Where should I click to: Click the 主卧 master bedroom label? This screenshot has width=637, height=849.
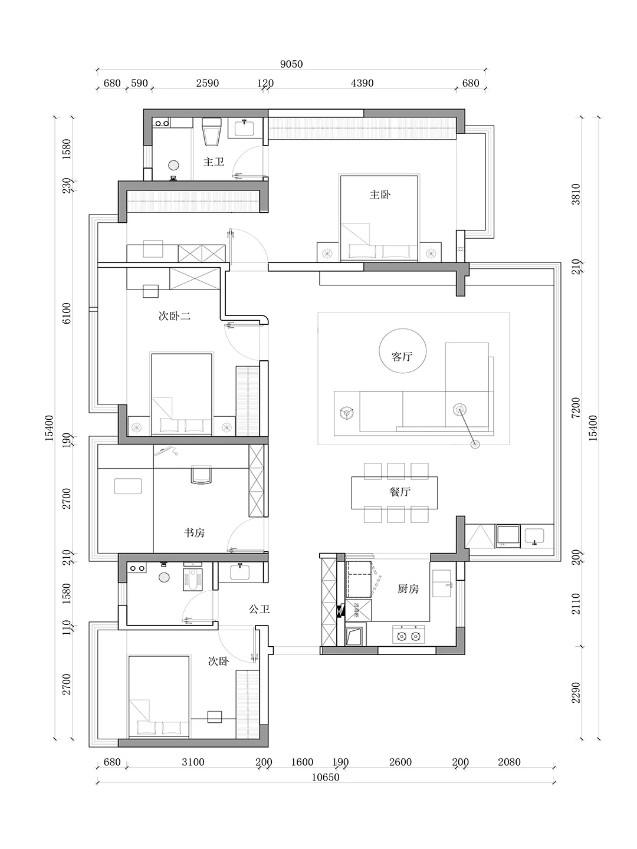click(380, 194)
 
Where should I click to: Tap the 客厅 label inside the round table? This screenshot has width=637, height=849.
click(402, 356)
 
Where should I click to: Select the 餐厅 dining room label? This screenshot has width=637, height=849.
click(400, 492)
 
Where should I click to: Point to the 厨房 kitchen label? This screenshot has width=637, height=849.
click(408, 588)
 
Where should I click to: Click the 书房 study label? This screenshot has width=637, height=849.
click(194, 532)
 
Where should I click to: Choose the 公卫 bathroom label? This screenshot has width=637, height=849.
click(259, 609)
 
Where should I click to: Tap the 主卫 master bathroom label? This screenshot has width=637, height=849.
click(214, 162)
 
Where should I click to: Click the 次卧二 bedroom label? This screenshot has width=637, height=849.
click(175, 316)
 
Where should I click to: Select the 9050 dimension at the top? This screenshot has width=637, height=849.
click(291, 64)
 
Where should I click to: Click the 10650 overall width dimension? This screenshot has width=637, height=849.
click(326, 777)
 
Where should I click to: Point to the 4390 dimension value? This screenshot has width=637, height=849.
click(362, 83)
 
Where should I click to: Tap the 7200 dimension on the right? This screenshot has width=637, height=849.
click(576, 407)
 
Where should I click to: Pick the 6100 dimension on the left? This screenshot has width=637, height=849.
click(67, 313)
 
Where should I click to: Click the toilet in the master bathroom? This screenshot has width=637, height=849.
click(212, 132)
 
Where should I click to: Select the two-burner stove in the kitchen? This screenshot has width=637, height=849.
click(408, 634)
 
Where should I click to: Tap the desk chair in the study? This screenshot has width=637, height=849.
click(202, 475)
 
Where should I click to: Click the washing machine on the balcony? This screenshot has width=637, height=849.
click(508, 536)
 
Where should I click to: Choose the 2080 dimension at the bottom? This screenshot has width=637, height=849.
click(509, 762)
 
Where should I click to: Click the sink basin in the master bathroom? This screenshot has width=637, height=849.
click(244, 129)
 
